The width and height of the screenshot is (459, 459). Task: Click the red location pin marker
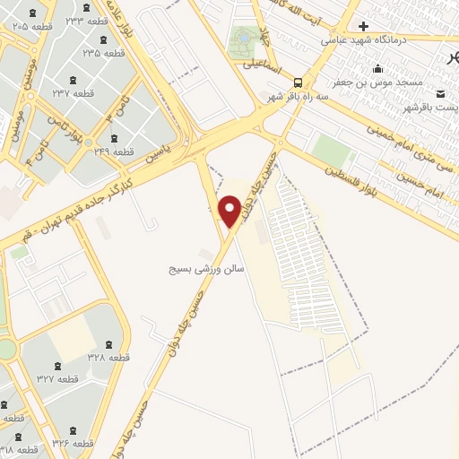pyautogui.click(x=229, y=212)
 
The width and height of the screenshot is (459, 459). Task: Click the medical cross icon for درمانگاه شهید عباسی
pyautogui.click(x=363, y=26)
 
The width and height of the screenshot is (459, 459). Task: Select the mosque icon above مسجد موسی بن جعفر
pyautogui.click(x=378, y=69)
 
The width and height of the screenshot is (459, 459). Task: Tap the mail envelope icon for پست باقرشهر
pyautogui.click(x=440, y=93)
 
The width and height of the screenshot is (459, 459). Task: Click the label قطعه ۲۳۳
pyautogui.click(x=88, y=21)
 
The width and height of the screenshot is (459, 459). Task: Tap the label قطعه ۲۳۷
pyautogui.click(x=74, y=93)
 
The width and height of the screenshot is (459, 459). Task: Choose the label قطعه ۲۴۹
pyautogui.click(x=114, y=152)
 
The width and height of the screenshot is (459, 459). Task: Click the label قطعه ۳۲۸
pyautogui.click(x=108, y=357)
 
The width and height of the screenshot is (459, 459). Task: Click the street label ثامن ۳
pyautogui.click(x=114, y=113)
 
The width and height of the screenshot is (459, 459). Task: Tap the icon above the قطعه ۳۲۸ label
pyautogui.click(x=108, y=343)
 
